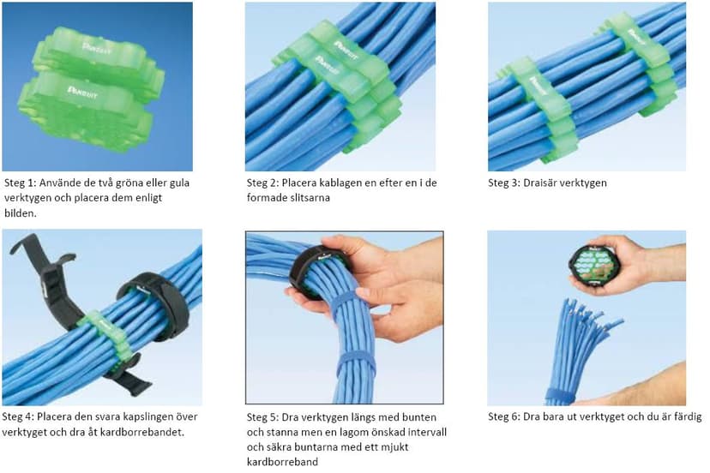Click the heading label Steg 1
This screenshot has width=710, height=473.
[21, 183]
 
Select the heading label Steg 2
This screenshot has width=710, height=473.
[263, 183]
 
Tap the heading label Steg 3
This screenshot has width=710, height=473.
[506, 183]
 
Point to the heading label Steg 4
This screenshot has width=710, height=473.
[21, 417]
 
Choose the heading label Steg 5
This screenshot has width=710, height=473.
[263, 417]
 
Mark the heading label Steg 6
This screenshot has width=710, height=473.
[506, 417]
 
